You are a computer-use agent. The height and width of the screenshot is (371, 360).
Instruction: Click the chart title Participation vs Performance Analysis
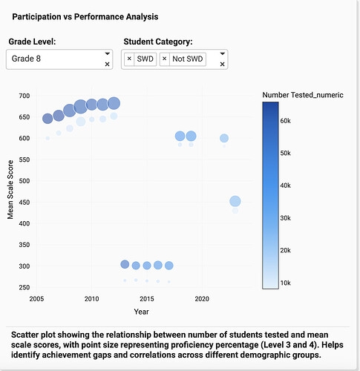[x=85, y=17]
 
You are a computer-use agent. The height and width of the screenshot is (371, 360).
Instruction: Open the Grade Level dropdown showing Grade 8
[x=107, y=53]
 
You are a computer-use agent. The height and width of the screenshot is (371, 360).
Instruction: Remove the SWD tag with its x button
[x=129, y=59]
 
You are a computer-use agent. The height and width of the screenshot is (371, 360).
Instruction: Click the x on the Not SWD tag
[x=164, y=59]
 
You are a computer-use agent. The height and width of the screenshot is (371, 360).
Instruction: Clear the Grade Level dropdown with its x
[x=107, y=65]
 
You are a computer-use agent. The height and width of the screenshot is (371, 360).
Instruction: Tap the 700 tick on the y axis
[x=24, y=96]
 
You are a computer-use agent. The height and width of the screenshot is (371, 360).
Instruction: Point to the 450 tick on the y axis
[x=24, y=203]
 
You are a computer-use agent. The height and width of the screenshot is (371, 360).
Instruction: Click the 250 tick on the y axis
[x=24, y=287]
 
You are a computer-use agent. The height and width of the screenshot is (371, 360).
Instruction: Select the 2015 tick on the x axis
[x=147, y=299]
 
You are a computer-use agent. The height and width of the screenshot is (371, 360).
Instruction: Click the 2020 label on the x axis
[x=202, y=299]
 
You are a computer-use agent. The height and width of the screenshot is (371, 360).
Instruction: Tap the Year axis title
[x=141, y=312]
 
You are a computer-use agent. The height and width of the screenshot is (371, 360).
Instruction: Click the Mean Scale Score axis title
[x=10, y=190]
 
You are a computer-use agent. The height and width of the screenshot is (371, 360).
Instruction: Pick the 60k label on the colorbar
[x=285, y=121]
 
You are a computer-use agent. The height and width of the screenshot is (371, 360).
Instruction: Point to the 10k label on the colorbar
[x=285, y=283]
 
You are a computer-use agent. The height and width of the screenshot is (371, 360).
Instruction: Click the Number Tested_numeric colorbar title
[x=303, y=95]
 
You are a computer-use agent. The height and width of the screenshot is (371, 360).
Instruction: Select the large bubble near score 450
[x=235, y=201]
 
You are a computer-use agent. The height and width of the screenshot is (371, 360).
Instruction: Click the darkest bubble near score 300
[x=125, y=264]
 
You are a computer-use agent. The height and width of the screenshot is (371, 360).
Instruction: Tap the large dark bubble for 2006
[x=48, y=119]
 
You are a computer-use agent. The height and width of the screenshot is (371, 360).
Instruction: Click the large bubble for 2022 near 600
[x=224, y=138]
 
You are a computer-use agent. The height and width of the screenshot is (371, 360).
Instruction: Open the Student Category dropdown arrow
[x=222, y=53]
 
